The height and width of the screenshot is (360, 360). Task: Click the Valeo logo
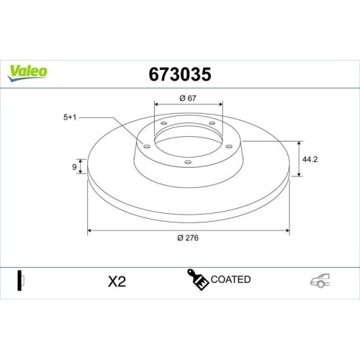(x=28, y=71)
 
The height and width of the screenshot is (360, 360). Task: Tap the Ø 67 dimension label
(x=189, y=98)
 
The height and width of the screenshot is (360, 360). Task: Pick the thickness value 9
(x=74, y=167)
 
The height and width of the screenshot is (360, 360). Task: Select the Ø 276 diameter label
(x=189, y=238)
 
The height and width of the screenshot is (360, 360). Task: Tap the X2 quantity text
(x=117, y=282)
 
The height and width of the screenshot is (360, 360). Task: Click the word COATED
(x=231, y=279)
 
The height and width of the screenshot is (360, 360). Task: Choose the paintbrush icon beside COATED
(x=197, y=280)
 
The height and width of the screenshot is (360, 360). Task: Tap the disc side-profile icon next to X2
(x=21, y=280)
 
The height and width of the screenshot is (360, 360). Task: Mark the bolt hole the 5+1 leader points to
(x=147, y=147)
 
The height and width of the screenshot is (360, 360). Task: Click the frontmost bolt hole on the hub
(x=188, y=162)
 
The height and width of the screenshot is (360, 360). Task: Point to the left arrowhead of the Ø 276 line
(x=90, y=230)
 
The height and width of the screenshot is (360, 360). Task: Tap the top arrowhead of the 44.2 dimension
(x=299, y=140)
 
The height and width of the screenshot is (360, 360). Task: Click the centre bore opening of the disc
(x=188, y=143)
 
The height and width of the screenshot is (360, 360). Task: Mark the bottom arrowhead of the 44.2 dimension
(x=299, y=174)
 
